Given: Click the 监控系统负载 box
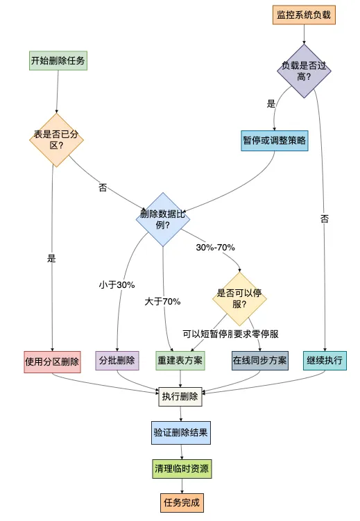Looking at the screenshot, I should (304, 14).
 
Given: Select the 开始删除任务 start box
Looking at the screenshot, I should (58, 61).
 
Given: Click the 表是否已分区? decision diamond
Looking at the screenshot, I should (55, 140).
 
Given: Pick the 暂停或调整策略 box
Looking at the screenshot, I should (275, 140).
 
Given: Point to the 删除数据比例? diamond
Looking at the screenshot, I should (163, 219).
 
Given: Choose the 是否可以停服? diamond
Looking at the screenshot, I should (240, 298).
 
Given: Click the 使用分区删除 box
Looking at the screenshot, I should (52, 361).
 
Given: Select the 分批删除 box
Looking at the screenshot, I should (117, 361).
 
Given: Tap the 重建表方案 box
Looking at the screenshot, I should (180, 361).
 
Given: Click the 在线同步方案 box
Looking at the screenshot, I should (260, 361).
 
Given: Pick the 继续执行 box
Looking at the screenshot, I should (324, 361).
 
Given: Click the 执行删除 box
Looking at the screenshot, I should (180, 398).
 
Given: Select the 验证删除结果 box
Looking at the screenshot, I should (180, 433).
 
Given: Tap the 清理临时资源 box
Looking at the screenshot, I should (180, 469).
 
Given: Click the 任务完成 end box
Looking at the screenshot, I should (180, 503).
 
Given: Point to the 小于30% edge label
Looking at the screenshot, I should (117, 284).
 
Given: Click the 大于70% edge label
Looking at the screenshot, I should (163, 302).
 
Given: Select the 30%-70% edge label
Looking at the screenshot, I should (216, 248).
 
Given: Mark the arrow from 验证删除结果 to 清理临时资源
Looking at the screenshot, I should (180, 451).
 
